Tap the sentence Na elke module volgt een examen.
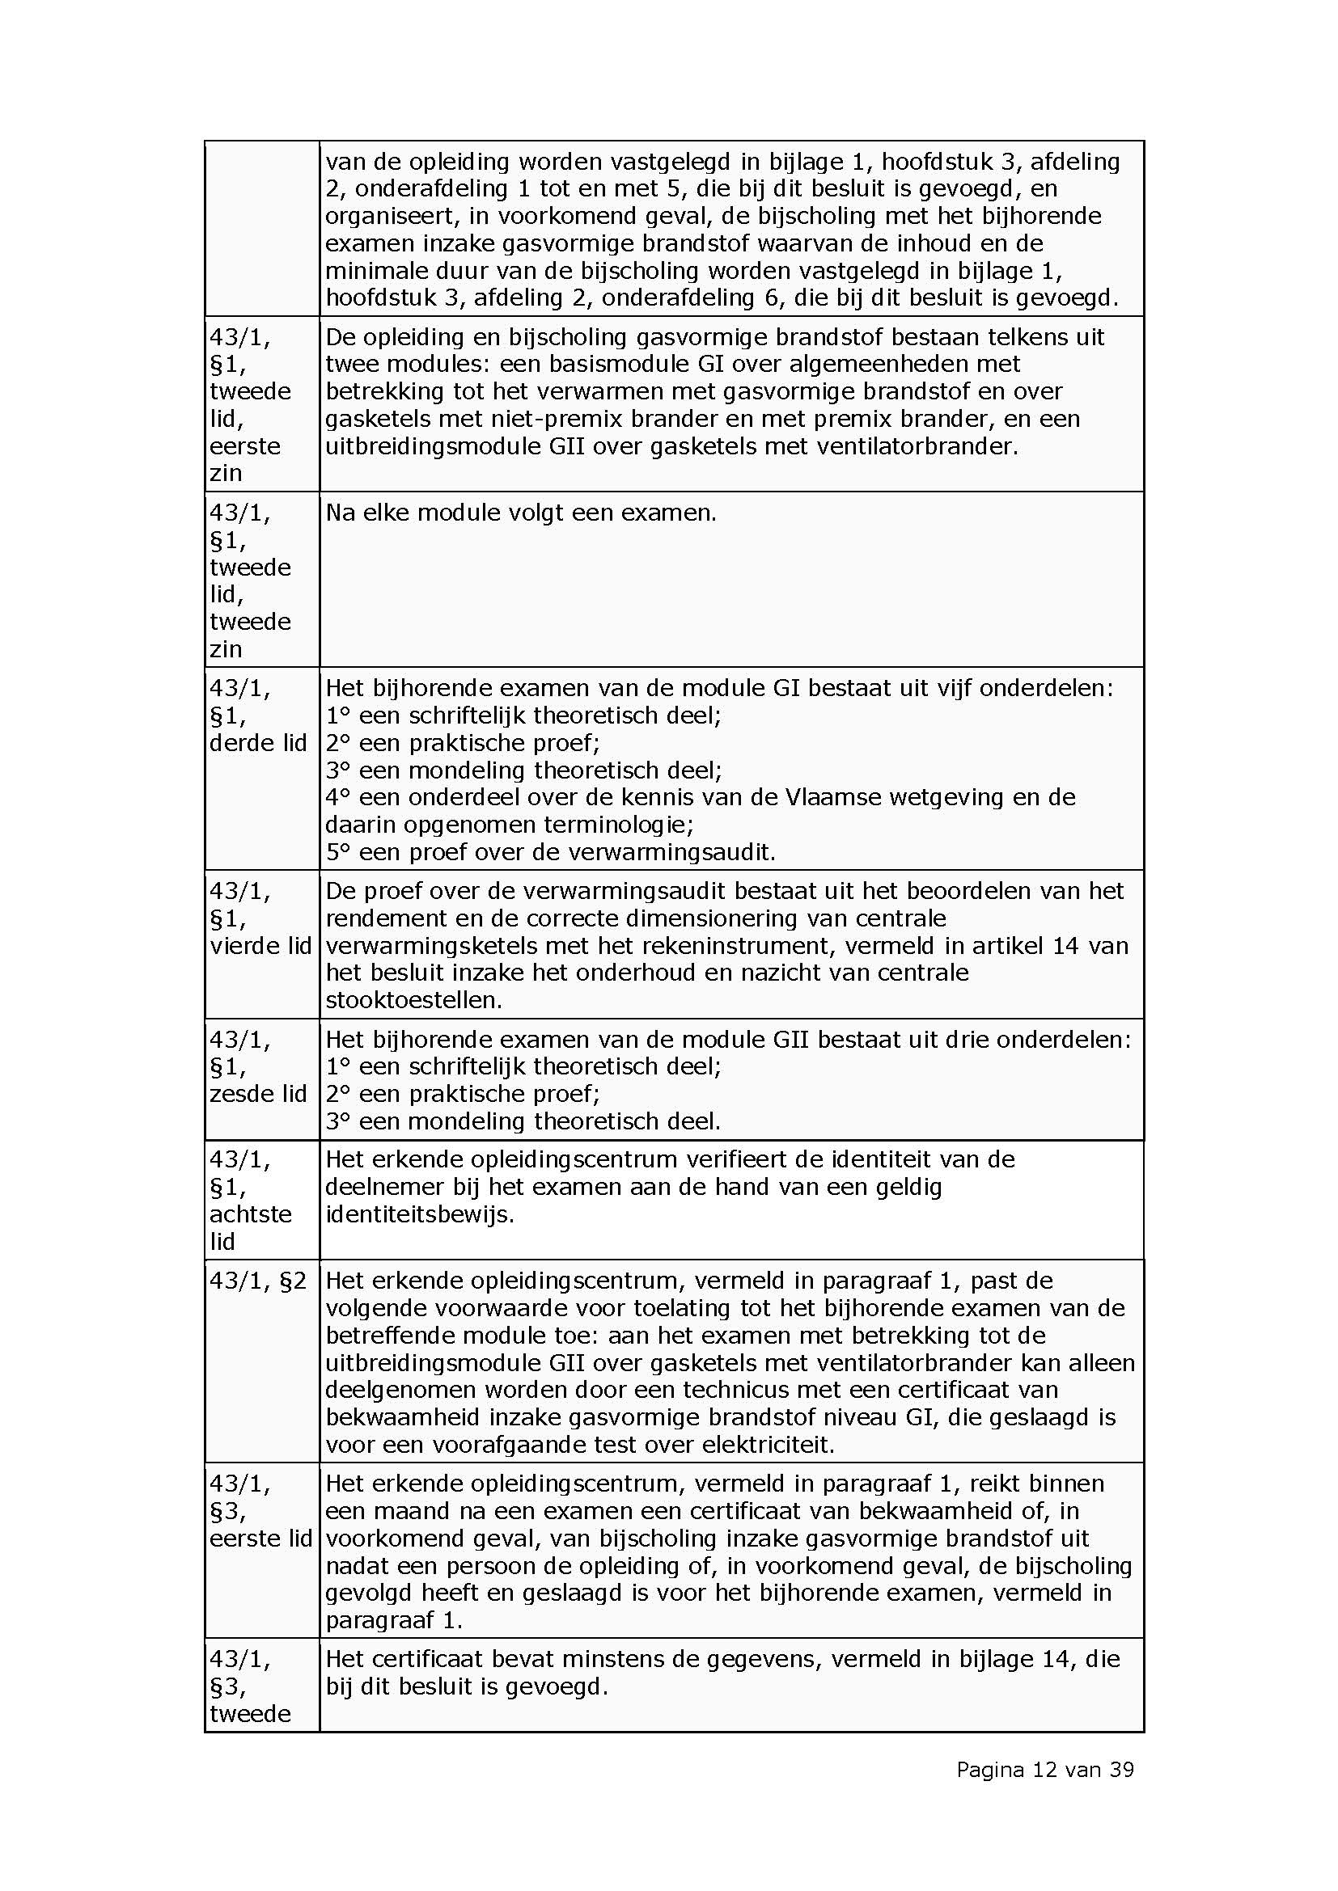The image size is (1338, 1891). (521, 513)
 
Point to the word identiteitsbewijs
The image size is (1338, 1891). (418, 1214)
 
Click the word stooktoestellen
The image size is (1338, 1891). (413, 1000)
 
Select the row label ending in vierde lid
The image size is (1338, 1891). (260, 918)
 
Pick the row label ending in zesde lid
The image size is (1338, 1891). (258, 1066)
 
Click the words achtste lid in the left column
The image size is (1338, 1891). (251, 1227)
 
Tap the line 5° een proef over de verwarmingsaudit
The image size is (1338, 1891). (550, 851)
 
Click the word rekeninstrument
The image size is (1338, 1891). (682, 946)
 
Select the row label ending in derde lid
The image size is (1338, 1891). (258, 715)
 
